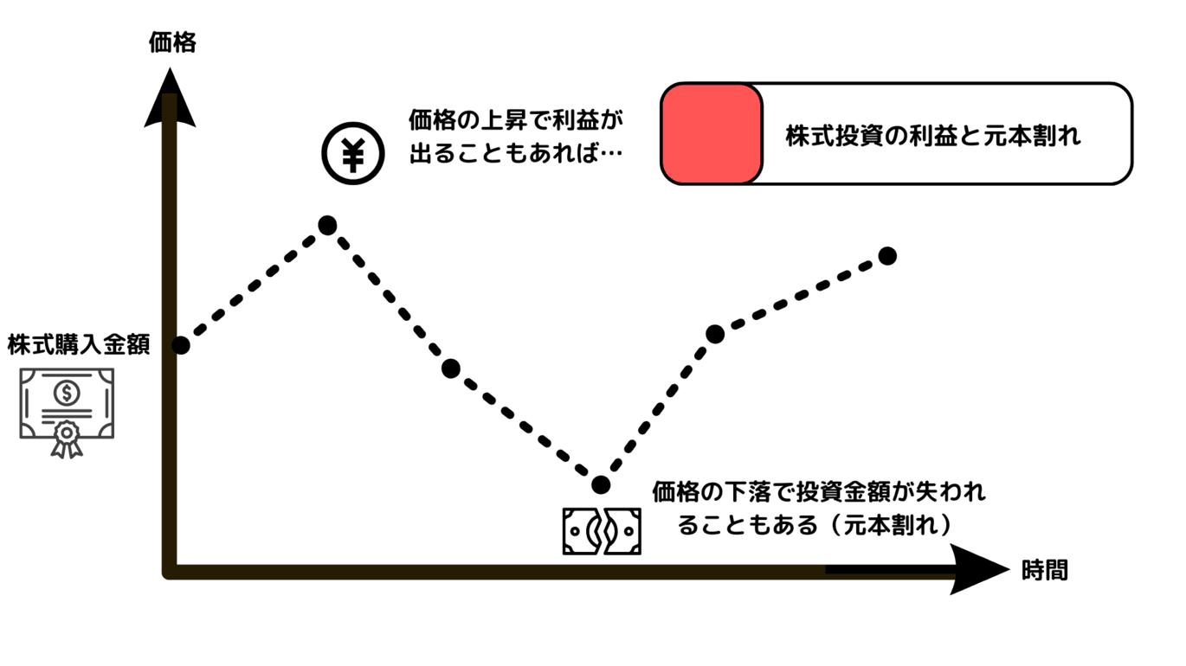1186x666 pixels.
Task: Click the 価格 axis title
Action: click(172, 42)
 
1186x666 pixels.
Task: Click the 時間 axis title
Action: click(1044, 570)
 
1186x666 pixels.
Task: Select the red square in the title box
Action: click(712, 134)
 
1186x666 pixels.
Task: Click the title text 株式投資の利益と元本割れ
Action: click(933, 136)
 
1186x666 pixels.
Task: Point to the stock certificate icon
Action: click(67, 408)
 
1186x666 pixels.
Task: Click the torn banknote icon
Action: click(602, 530)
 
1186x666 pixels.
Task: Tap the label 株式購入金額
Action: click(79, 345)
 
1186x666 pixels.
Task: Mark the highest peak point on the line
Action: click(327, 226)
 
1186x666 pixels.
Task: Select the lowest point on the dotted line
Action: click(600, 484)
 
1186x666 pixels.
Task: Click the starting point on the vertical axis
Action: click(180, 345)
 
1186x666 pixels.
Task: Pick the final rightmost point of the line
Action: click(886, 255)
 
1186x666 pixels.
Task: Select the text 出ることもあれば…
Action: click(516, 154)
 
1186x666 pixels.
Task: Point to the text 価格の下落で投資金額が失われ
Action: click(818, 492)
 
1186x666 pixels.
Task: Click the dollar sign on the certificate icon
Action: click(66, 394)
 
